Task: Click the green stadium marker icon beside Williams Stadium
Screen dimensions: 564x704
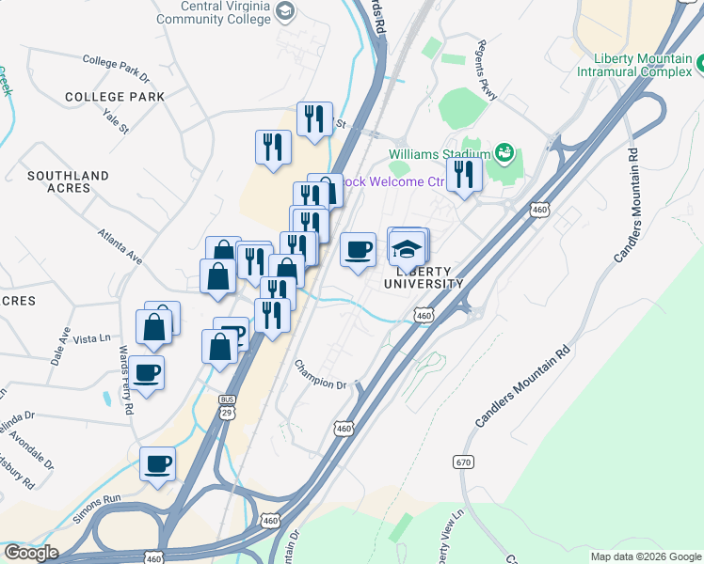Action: point(504,153)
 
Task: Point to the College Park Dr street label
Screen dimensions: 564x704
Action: point(116,65)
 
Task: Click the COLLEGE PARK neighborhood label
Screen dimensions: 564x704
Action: point(115,97)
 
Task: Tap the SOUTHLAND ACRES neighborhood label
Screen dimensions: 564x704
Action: point(68,181)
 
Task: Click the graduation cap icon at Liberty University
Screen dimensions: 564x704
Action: point(407,249)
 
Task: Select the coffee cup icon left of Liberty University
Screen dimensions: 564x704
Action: point(358,250)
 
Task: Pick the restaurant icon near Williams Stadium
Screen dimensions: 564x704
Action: point(464,175)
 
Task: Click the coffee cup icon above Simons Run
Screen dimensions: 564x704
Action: point(158,463)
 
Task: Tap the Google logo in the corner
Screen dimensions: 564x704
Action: point(31,553)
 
